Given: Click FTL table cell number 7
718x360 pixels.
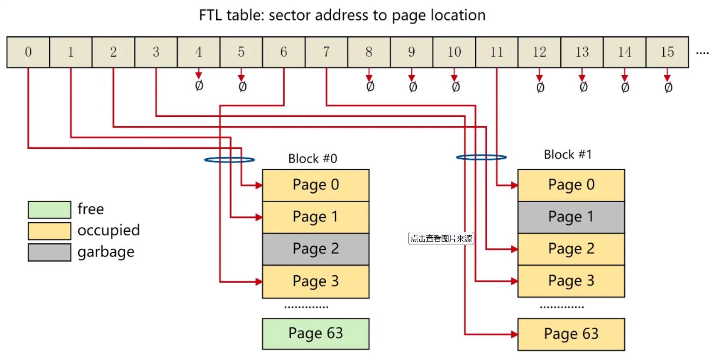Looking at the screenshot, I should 326,52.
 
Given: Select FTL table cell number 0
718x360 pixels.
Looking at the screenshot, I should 28,52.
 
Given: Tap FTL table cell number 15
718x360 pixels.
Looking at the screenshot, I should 667,52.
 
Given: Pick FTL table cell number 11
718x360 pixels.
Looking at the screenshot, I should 497,52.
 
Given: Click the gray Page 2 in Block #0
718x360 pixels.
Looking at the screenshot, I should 315,249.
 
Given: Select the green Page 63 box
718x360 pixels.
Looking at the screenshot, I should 315,333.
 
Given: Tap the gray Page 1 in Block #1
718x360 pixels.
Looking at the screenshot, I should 571,217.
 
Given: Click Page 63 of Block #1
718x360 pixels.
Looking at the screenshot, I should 571,334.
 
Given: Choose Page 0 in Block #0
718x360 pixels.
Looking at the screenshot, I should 315,185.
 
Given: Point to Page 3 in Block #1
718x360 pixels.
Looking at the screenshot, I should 571,281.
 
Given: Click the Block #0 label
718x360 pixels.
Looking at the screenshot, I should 312,159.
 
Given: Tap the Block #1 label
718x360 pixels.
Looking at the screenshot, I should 568,154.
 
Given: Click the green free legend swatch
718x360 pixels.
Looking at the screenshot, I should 50,210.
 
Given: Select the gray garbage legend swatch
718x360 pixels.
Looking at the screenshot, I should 50,252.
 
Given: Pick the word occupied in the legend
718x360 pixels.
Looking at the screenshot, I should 109,230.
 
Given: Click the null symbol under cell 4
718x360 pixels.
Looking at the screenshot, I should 199,86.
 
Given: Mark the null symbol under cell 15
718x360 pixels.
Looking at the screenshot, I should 668,88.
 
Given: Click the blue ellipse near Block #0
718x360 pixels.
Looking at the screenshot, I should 230,160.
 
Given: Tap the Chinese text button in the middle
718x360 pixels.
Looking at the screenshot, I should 441,239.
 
